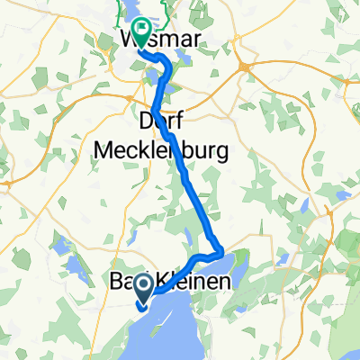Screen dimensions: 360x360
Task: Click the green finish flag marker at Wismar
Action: click(x=140, y=31)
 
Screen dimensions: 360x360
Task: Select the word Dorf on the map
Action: click(x=161, y=120)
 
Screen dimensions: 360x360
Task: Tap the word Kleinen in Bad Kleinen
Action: click(x=193, y=283)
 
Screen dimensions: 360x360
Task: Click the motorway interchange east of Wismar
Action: click(x=245, y=67)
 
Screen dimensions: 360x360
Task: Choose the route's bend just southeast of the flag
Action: click(x=166, y=61)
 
